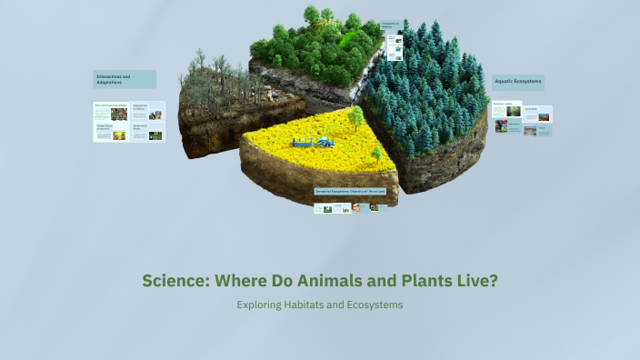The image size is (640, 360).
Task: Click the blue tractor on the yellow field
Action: [324, 141]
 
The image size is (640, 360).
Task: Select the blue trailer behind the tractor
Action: [303, 142]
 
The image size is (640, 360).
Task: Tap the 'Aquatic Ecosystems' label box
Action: [518, 82]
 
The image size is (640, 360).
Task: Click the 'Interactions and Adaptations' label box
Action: [125, 79]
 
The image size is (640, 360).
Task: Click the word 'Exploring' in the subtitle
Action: [263, 305]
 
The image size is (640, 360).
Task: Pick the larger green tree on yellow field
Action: [355, 116]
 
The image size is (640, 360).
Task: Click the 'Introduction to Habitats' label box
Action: [391, 25]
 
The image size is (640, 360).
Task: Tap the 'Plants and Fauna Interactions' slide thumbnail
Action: [111, 112]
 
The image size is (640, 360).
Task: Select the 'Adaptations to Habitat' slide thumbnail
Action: [147, 112]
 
